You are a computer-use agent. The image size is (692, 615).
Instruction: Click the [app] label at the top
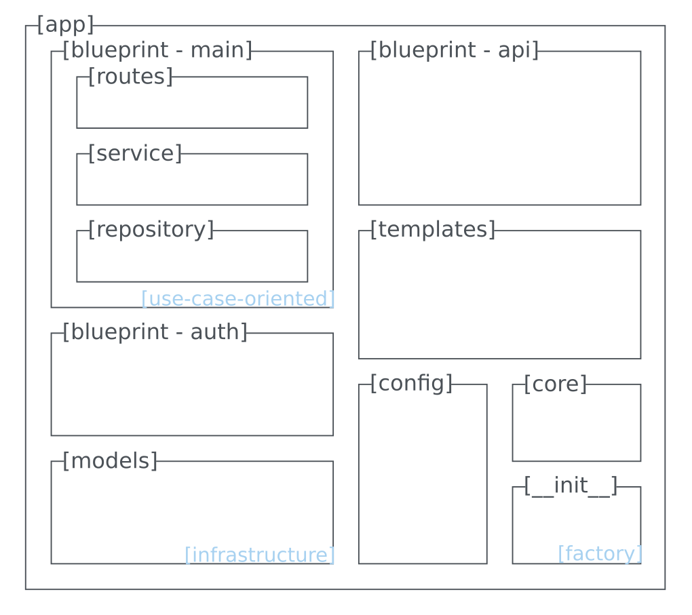coord(65,25)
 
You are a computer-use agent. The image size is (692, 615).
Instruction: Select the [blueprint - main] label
coord(157,50)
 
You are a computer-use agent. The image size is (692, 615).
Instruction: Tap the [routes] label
coord(130,77)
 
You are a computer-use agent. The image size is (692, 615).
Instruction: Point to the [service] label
coord(135,154)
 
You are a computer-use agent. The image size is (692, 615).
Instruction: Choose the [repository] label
coord(151,230)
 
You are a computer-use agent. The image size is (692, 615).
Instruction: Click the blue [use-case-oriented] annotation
coord(237,299)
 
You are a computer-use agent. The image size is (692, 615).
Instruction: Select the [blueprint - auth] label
coord(155,332)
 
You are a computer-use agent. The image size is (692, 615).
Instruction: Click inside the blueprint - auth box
coord(192,390)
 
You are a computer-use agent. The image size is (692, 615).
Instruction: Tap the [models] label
coord(110,461)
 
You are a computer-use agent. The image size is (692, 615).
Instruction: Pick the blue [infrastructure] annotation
coord(259,555)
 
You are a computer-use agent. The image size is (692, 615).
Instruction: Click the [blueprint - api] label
coord(454,50)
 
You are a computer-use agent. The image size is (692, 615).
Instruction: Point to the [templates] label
coord(432,230)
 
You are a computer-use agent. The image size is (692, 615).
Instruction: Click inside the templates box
coord(499,298)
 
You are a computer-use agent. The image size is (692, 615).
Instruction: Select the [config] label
coord(410,384)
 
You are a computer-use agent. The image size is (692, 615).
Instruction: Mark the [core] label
coord(555,384)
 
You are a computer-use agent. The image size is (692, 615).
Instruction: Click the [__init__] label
coord(571,486)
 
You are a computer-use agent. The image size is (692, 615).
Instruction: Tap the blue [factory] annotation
coord(600,554)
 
